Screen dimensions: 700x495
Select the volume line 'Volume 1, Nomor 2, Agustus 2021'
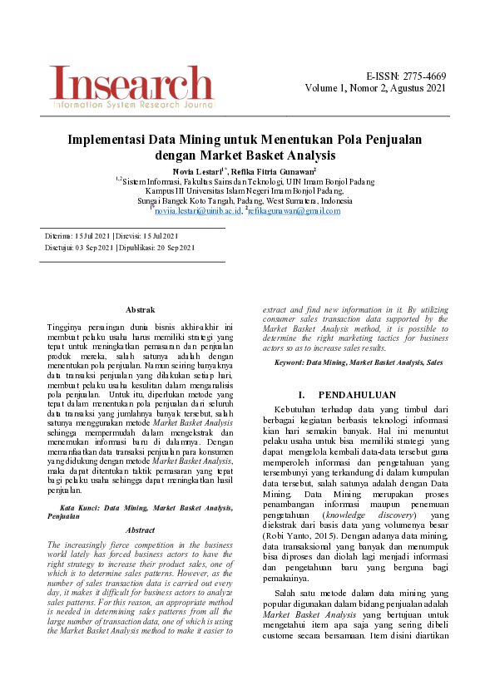375,88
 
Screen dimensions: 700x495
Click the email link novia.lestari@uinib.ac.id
197,211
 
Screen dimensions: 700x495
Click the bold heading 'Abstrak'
139,309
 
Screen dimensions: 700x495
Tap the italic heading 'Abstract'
139,530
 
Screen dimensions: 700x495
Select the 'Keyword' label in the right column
290,362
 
